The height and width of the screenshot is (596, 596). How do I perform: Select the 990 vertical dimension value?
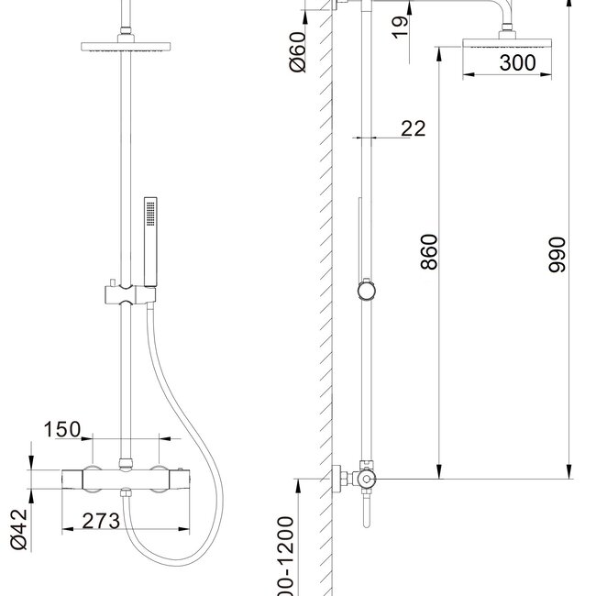(x=557, y=254)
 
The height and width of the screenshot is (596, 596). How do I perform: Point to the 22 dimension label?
(x=414, y=128)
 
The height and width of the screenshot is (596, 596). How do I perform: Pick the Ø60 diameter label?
(x=297, y=55)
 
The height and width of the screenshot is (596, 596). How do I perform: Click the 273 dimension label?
(x=102, y=521)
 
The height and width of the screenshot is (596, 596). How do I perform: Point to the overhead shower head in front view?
(x=120, y=47)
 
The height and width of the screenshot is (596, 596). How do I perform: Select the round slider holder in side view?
(x=366, y=291)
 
